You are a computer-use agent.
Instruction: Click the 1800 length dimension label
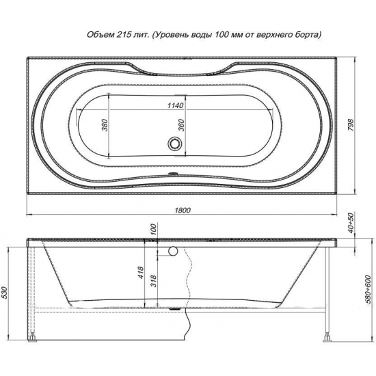[x=183, y=211]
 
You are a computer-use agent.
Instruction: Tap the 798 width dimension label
[x=351, y=124]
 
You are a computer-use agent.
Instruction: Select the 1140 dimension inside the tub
[x=175, y=105]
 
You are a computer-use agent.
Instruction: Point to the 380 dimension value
[x=105, y=125]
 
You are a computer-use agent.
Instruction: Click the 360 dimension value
[x=182, y=125]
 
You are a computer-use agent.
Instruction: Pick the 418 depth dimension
[x=141, y=273]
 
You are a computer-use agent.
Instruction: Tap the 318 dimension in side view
[x=154, y=281]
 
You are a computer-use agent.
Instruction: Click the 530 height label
[x=5, y=293]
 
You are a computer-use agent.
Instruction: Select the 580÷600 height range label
[x=369, y=293]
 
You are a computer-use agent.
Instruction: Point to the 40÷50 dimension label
[x=351, y=223]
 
